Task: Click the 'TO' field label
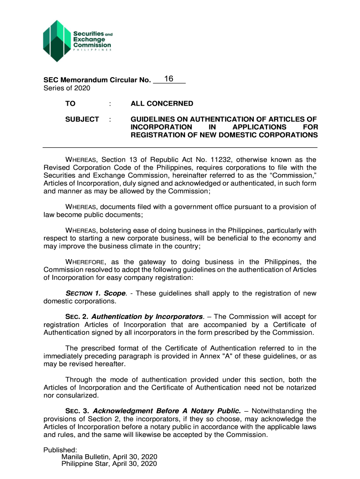[70, 103]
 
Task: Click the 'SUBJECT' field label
[82, 119]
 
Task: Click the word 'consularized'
[76, 395]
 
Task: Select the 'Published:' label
[57, 450]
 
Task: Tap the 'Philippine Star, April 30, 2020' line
[109, 464]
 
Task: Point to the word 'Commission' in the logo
[92, 45]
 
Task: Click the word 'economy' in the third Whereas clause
[286, 238]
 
